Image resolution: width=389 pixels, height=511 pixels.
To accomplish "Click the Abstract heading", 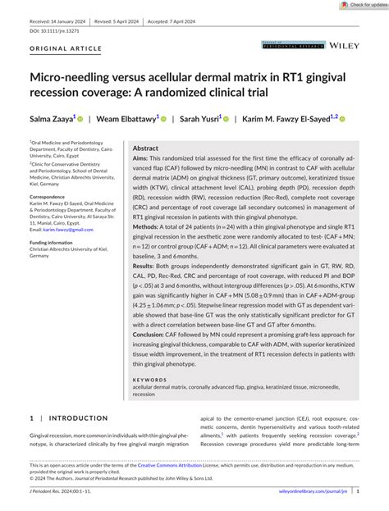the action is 145,148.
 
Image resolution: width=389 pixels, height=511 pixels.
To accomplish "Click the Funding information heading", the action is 52,243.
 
